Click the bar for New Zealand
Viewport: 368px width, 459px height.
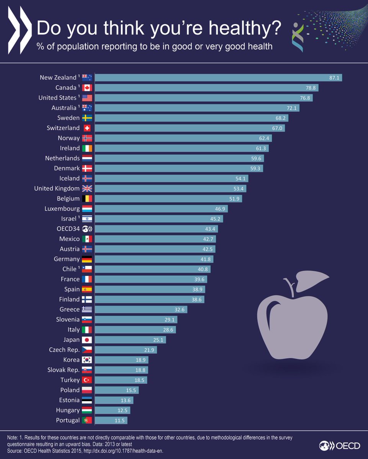tap(218, 78)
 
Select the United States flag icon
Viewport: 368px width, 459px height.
tap(87, 98)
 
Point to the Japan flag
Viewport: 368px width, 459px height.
tap(87, 340)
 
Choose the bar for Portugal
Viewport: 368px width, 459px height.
tap(111, 420)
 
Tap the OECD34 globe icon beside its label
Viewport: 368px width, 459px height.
tap(87, 229)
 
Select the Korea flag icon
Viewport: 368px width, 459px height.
tap(87, 360)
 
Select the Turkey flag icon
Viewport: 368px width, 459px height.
tap(87, 380)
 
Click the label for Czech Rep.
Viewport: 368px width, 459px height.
tap(64, 350)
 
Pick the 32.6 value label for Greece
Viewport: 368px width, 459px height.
tap(181, 309)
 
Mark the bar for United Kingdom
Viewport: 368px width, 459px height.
tap(170, 189)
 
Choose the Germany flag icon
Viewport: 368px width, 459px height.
tap(87, 259)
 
